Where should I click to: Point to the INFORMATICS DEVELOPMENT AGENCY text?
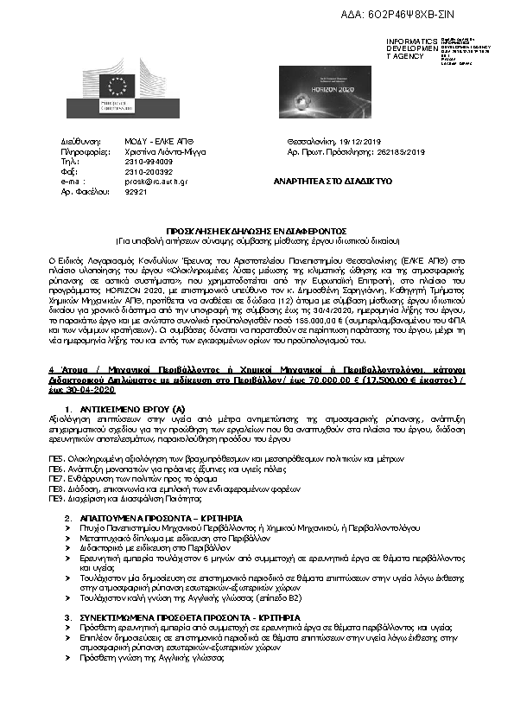410,48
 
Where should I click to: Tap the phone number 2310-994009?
149,161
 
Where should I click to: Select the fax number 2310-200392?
149,171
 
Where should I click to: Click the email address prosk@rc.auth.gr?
156,182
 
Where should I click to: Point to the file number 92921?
137,192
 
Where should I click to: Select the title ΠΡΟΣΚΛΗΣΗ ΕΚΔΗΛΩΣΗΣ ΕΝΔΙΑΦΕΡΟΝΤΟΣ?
257,231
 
